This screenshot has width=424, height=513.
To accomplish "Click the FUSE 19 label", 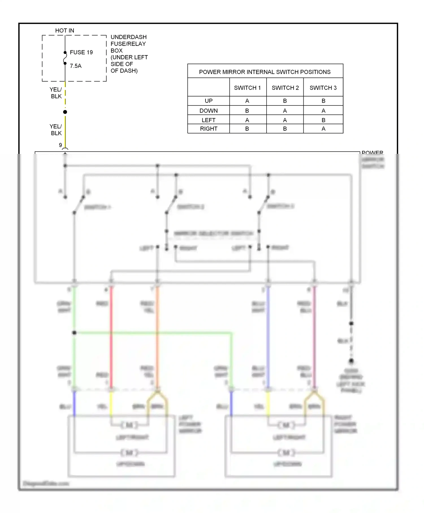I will click(x=81, y=52).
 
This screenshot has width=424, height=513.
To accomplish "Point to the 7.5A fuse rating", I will click(x=75, y=66).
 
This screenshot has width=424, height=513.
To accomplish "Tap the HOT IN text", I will click(x=64, y=31).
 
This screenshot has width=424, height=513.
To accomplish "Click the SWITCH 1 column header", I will click(x=247, y=88).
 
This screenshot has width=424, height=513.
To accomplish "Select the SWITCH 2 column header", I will click(x=285, y=88).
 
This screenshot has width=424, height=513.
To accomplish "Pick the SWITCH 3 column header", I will click(x=323, y=88).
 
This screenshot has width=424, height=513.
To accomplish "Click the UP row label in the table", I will click(x=209, y=101).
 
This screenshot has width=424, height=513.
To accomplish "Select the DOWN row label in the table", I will click(x=209, y=111).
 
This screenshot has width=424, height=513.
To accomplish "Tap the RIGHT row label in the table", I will click(x=209, y=129).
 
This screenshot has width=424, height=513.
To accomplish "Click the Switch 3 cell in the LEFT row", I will click(x=323, y=120).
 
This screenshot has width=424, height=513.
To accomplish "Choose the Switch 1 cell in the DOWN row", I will click(x=247, y=111).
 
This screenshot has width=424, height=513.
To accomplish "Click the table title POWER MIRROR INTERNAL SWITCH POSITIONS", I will click(x=265, y=72).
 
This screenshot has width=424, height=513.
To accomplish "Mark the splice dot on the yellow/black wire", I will click(x=65, y=112).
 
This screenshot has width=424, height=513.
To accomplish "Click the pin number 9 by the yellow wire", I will click(x=60, y=145).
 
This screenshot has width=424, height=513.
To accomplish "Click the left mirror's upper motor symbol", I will click(x=129, y=425).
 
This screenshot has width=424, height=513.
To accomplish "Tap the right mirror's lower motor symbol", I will click(x=286, y=453).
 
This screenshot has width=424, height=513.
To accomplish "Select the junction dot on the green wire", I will click(x=74, y=333).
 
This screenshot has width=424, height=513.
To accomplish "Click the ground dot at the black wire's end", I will click(x=351, y=361).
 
